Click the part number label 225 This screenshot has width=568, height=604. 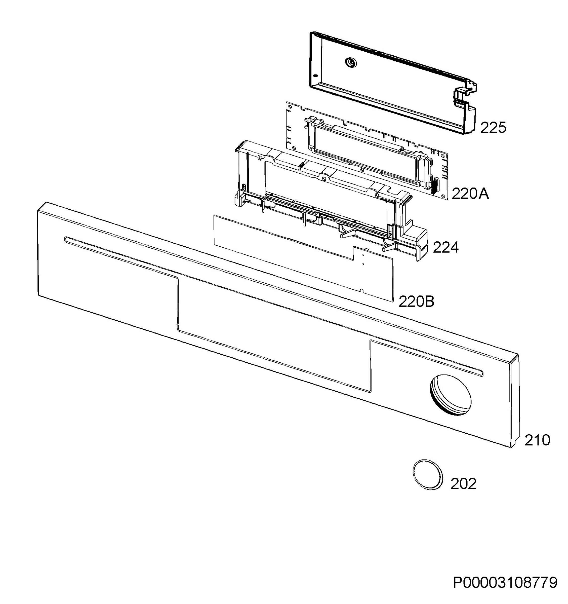pos(493,128)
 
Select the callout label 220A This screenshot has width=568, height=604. pos(470,193)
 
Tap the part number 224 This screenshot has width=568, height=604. pos(445,247)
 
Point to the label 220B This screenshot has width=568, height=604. pos(416,302)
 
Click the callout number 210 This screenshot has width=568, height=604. pos(537,440)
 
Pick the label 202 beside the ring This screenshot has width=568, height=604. pos(463,484)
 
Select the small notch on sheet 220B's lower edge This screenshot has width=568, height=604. pos(361,291)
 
